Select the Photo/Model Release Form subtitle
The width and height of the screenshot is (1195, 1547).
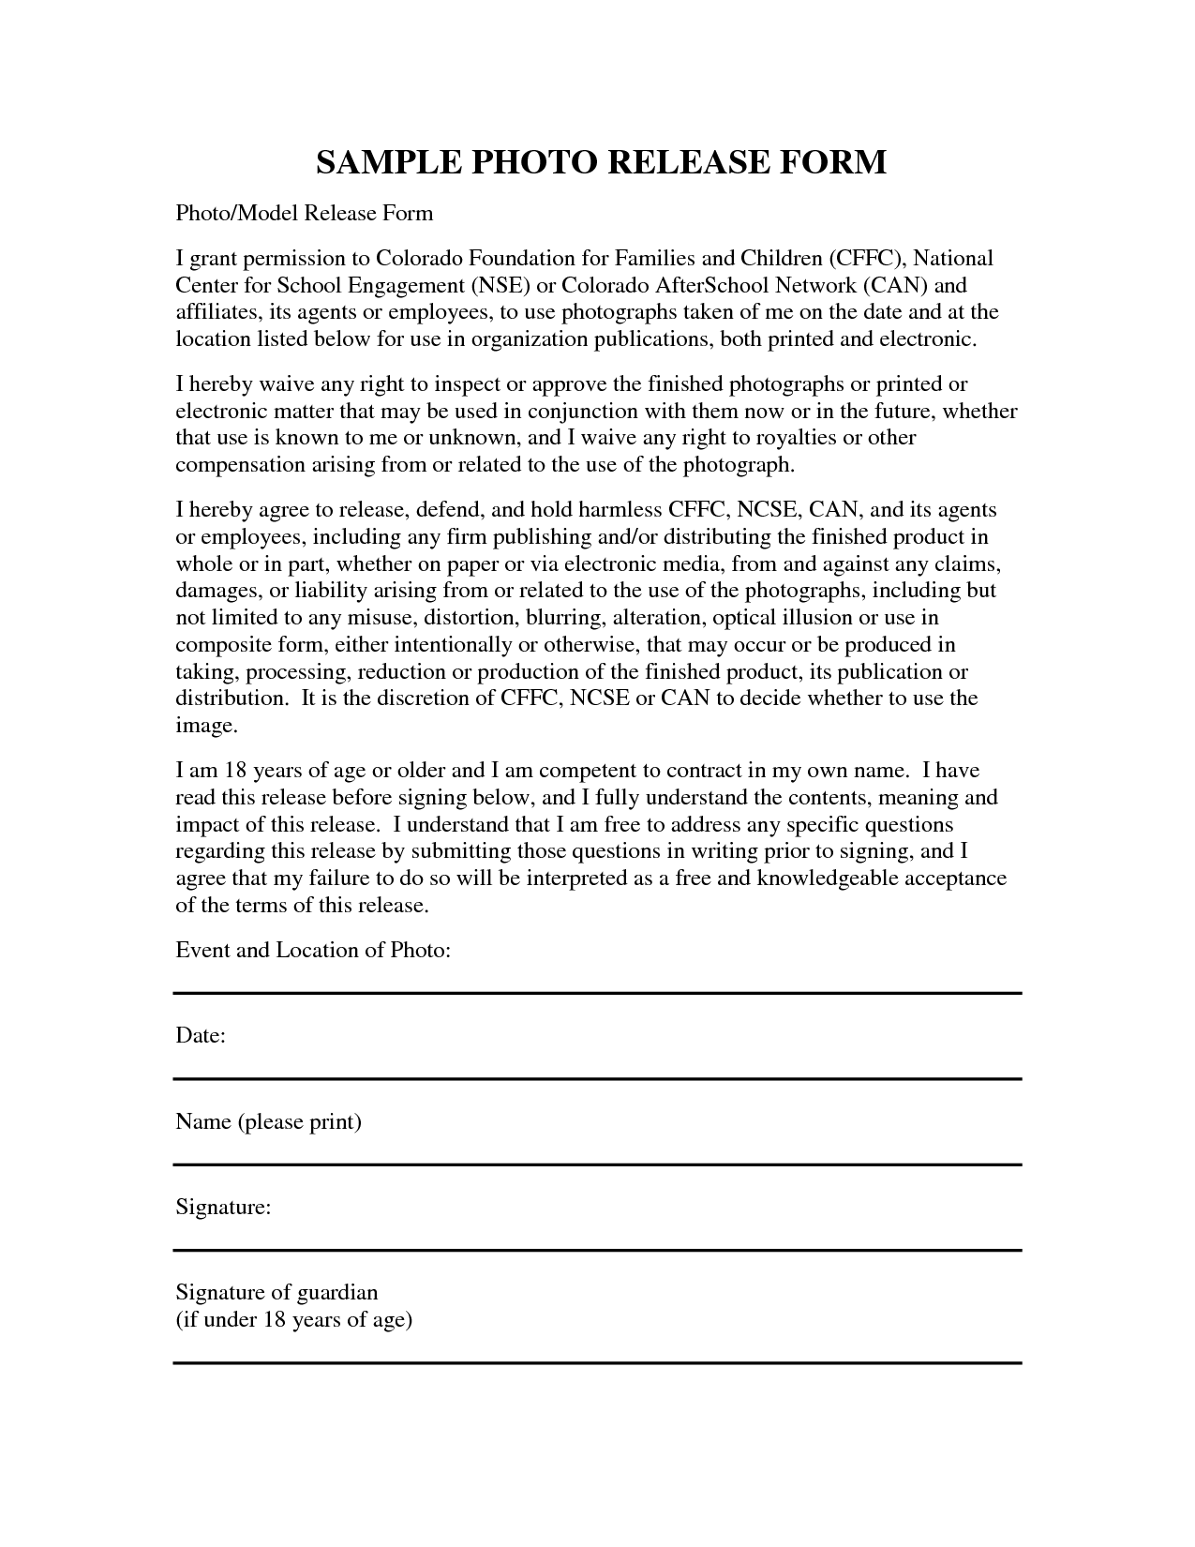[305, 214]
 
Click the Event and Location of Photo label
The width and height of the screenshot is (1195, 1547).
[314, 951]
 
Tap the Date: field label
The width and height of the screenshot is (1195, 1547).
[201, 1036]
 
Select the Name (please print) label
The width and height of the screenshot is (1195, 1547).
[268, 1121]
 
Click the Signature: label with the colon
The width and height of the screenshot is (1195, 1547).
[223, 1207]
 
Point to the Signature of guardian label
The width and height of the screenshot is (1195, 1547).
[276, 1292]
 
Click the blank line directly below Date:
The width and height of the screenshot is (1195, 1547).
[597, 1079]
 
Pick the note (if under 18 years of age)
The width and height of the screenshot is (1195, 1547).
[293, 1320]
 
